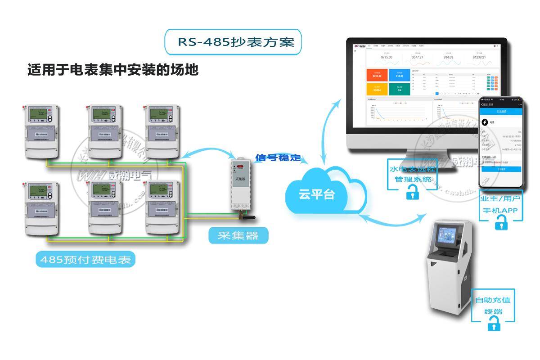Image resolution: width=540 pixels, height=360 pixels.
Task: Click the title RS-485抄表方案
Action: click(233, 42)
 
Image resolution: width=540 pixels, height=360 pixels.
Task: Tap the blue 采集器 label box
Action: click(238, 235)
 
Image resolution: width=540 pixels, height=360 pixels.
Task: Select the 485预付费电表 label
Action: click(85, 260)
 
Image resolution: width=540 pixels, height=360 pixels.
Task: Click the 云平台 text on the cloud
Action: click(317, 194)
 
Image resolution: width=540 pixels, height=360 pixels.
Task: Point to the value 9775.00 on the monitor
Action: click(387, 57)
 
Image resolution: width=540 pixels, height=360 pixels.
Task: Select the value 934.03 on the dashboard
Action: click(448, 57)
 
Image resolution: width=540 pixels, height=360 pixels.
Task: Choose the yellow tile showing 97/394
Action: click(377, 89)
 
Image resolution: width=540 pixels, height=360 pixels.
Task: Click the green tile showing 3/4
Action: click(399, 89)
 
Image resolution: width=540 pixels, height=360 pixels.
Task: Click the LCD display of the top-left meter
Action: click(37, 116)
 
